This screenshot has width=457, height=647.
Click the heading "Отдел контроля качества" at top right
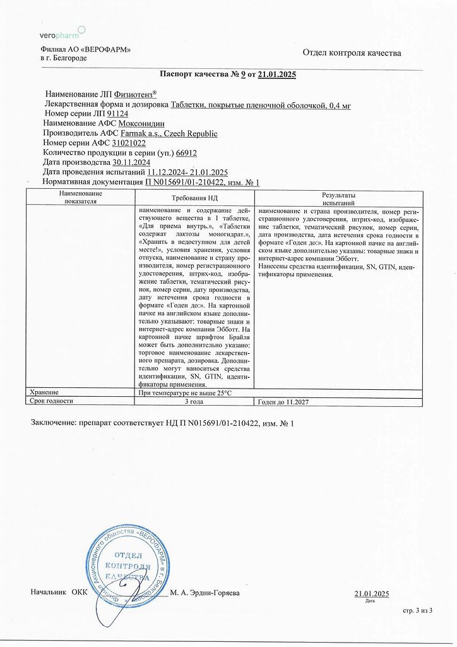[352, 53]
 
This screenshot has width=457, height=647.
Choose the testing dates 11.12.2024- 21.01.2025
[187, 172]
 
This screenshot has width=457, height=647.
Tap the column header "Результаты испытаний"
[338, 199]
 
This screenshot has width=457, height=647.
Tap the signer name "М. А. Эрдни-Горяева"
[206, 593]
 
